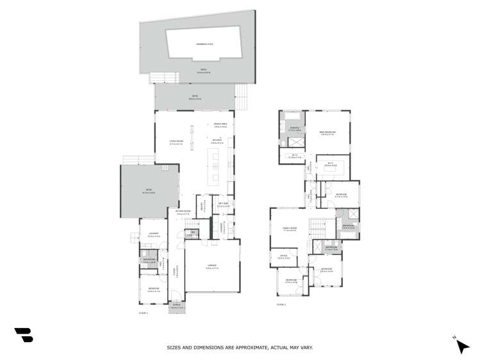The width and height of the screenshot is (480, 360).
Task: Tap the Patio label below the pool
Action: (x=203, y=70)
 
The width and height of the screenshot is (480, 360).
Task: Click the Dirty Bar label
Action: (x=223, y=205)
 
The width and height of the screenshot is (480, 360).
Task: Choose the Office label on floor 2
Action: (x=283, y=258)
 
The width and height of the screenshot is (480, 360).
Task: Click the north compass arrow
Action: (x=461, y=346)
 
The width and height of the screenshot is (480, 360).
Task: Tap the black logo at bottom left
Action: (x=24, y=335)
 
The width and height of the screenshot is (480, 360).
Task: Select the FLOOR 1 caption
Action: (x=144, y=313)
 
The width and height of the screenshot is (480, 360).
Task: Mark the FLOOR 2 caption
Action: (x=280, y=305)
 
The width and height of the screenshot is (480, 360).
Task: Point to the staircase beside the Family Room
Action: (x=319, y=227)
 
